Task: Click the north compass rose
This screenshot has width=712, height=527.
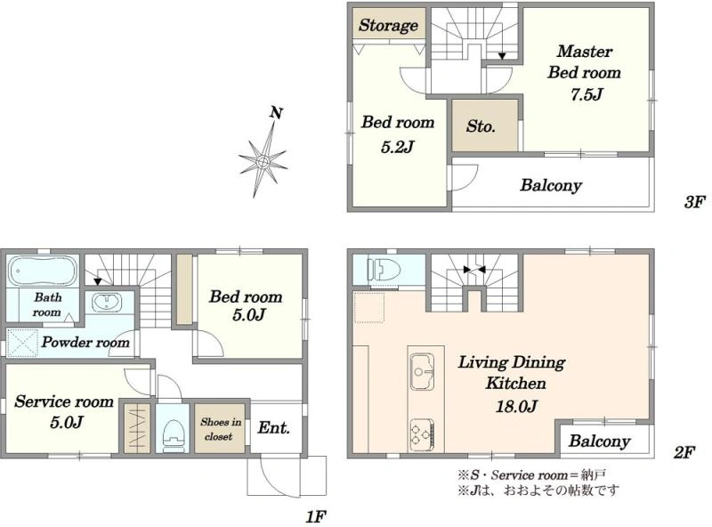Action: point(263,161)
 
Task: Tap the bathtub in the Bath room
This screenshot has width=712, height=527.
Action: point(43,272)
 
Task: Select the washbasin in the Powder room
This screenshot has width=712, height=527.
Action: point(107,302)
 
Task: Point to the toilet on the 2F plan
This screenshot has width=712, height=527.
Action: point(384,270)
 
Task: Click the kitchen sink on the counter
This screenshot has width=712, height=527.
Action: point(422,372)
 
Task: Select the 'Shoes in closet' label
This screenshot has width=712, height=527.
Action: point(221,429)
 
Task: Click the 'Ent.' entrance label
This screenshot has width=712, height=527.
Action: point(274,427)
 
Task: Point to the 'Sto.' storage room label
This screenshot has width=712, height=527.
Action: point(481,126)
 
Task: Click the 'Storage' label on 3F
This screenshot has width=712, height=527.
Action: point(388,25)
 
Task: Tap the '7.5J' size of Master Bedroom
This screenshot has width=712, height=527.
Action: point(587,94)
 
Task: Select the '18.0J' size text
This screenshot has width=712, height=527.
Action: point(516,406)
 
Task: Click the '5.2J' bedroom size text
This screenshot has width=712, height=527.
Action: point(397,147)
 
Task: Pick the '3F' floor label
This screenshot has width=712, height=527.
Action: point(694,202)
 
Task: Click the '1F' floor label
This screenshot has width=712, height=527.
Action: point(316,516)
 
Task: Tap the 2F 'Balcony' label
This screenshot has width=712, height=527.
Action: point(599,441)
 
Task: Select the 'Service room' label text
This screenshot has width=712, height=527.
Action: point(64,401)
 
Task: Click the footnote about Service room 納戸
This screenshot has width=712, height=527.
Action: point(531,475)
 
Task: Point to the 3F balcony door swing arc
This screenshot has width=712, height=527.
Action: point(471,181)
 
